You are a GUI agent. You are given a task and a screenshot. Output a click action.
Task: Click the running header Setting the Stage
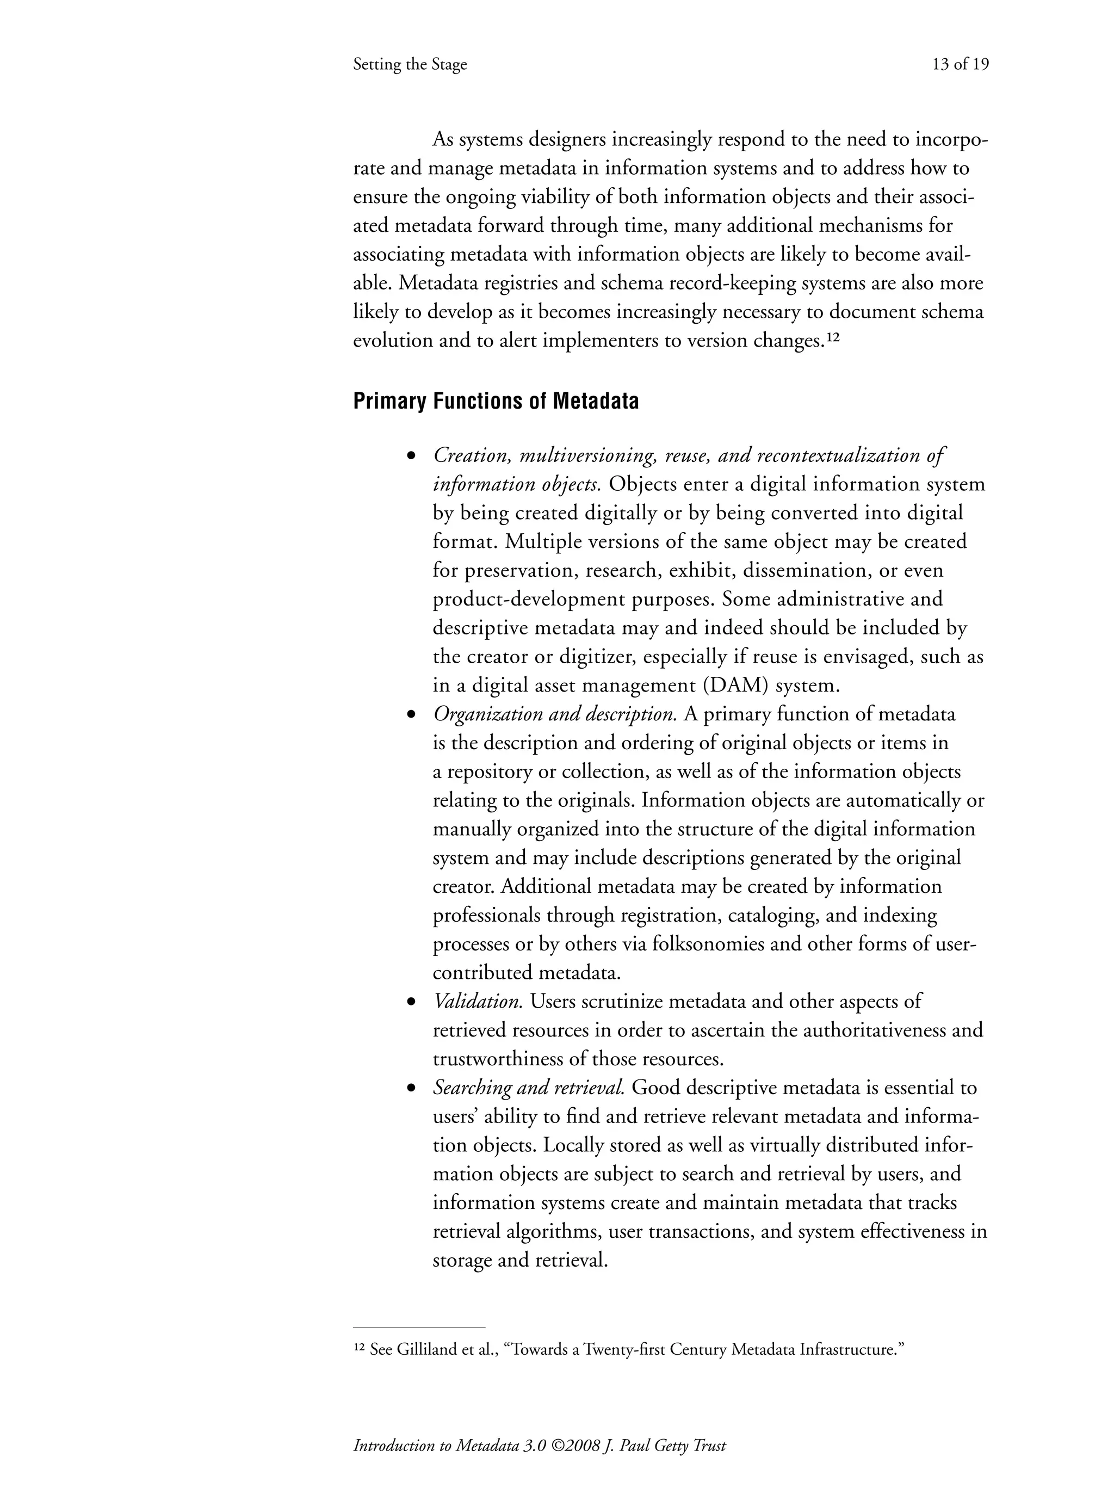[410, 65]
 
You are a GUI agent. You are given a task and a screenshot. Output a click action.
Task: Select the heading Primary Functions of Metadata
[496, 402]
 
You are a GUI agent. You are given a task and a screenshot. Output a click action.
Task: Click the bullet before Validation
[411, 1003]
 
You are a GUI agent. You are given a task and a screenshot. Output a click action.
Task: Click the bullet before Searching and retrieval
[411, 1089]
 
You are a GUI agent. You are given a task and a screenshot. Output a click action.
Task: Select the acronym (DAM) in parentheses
[736, 686]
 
